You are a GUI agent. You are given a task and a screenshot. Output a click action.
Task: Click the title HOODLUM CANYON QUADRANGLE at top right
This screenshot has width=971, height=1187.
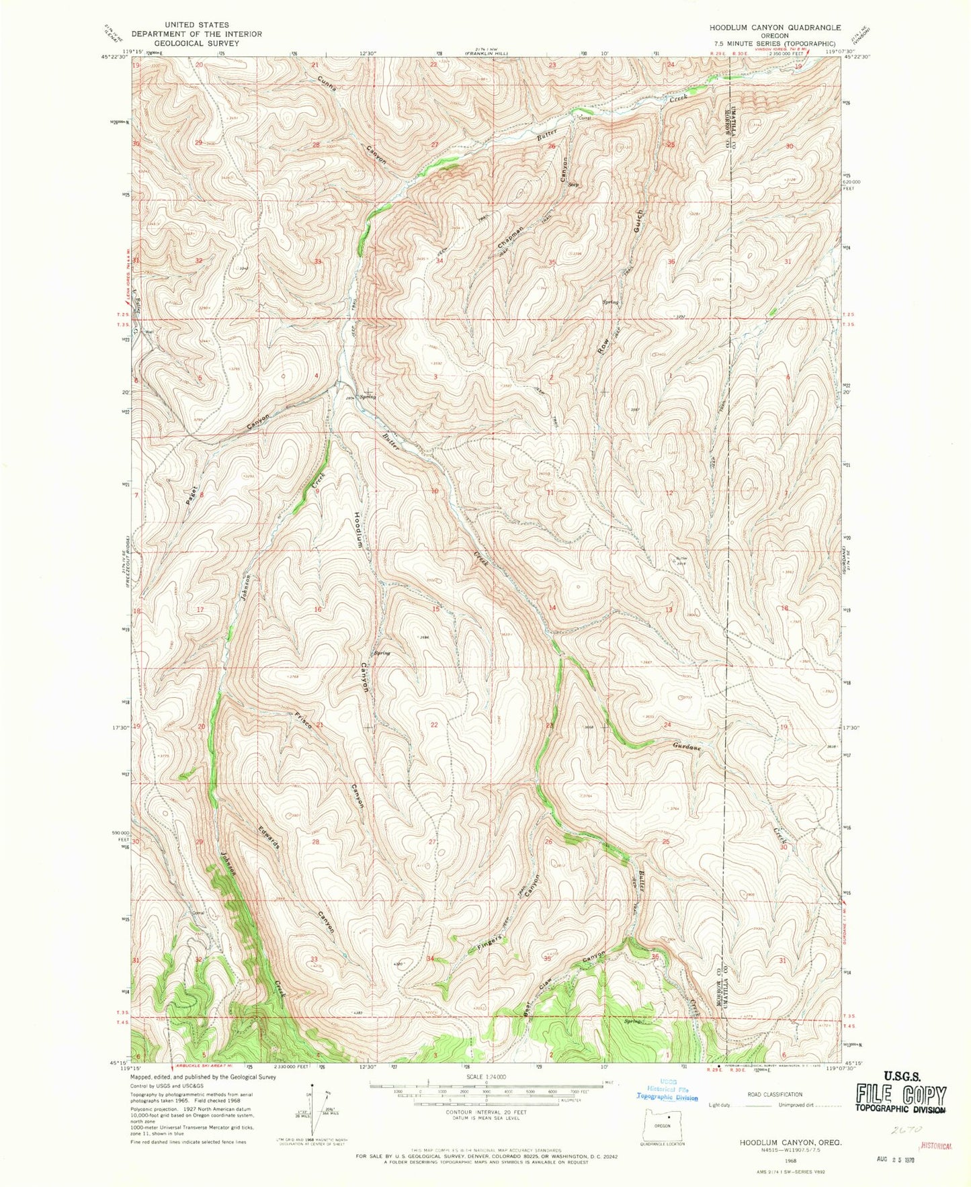coord(770,28)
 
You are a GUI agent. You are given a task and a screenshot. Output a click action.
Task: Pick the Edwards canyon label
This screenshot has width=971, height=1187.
coord(269,834)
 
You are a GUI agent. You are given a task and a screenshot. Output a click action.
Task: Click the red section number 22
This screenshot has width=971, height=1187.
coord(434,725)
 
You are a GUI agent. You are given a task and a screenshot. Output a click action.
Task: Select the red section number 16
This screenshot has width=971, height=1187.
coord(317,609)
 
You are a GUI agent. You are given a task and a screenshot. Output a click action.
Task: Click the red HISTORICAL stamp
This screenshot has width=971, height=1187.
coord(937,1146)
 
